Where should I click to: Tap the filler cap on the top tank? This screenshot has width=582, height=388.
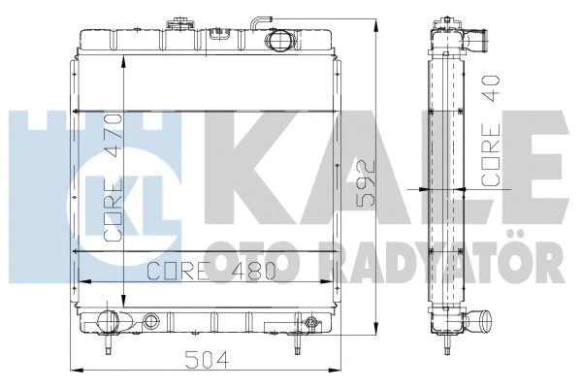pyautogui.click(x=178, y=21)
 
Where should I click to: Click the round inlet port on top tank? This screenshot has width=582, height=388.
pyautogui.click(x=282, y=41)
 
